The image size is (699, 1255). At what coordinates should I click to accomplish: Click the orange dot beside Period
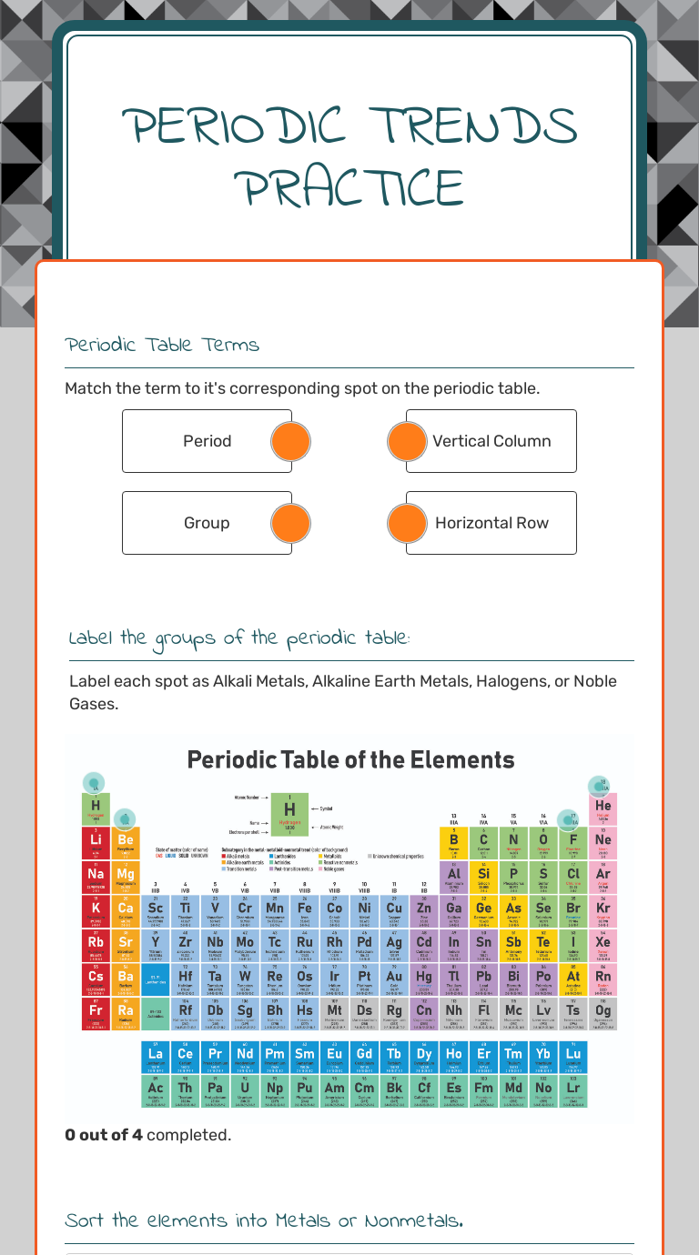click(291, 441)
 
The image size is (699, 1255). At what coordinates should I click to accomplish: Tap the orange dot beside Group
click(291, 523)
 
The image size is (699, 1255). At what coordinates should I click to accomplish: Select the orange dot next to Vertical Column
click(407, 441)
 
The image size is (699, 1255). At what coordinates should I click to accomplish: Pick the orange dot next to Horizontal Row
click(407, 523)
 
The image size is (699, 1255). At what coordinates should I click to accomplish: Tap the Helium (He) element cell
click(603, 808)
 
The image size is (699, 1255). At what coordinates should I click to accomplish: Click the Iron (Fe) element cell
click(305, 910)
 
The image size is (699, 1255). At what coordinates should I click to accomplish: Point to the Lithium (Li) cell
click(96, 842)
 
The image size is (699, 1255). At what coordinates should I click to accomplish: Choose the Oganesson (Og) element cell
click(603, 1012)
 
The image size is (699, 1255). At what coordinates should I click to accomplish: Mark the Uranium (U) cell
click(245, 1089)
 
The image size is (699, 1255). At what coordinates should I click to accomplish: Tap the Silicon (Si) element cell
click(483, 877)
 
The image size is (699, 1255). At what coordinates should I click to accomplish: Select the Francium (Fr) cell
click(96, 1012)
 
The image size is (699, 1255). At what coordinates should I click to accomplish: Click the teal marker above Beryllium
click(125, 818)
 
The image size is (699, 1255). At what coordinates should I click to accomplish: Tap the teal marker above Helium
click(598, 785)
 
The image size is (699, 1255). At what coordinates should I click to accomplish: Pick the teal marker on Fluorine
click(568, 820)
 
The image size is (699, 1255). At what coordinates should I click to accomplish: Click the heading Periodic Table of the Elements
click(350, 760)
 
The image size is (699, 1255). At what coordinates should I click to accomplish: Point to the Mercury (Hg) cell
click(424, 979)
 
